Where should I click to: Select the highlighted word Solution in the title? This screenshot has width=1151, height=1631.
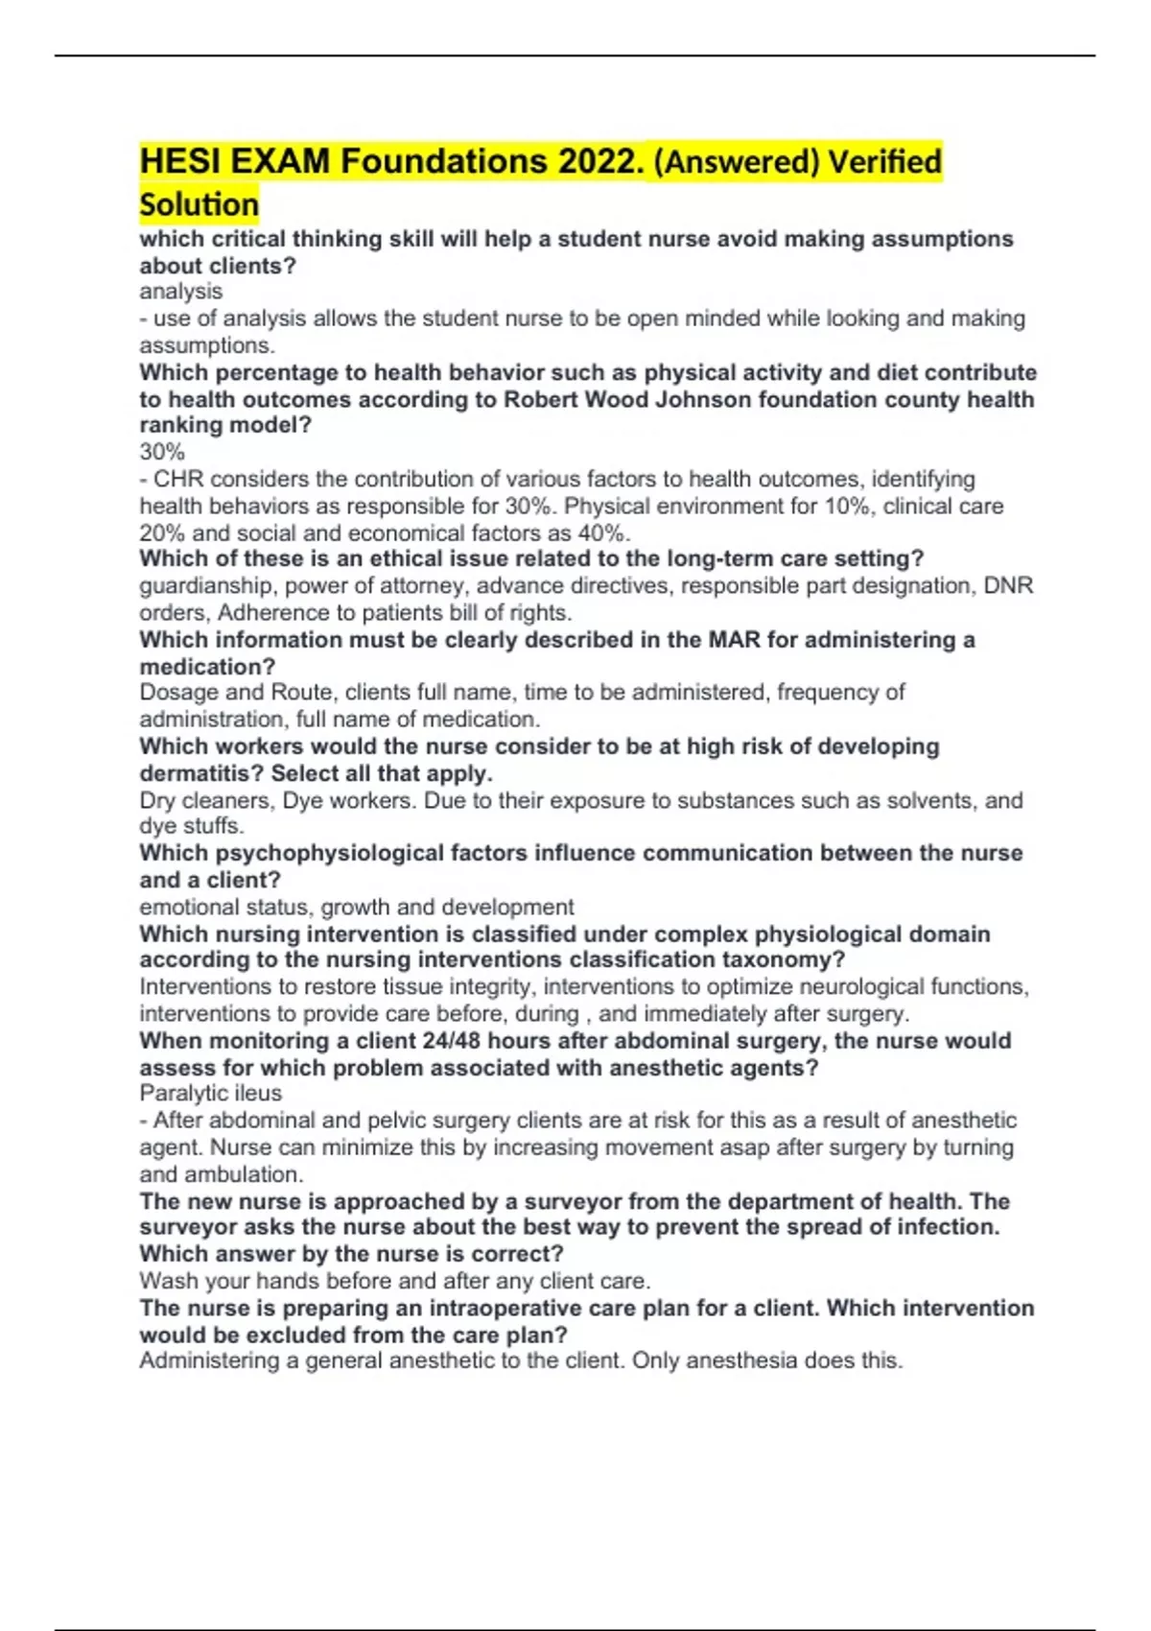pos(199,204)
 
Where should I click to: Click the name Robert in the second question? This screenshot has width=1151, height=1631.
pos(539,399)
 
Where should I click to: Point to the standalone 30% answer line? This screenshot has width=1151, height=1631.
pos(162,452)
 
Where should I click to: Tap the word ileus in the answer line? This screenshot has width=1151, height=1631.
pos(259,1093)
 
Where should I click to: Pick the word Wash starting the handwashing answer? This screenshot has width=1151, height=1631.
pos(166,1281)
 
